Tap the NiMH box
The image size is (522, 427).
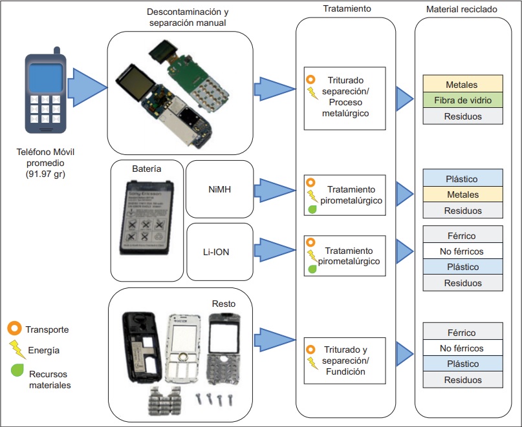click(219, 189)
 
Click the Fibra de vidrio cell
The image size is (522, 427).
click(462, 100)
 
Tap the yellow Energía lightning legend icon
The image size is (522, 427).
click(16, 349)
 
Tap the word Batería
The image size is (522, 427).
click(146, 169)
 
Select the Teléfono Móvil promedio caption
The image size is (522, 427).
click(45, 163)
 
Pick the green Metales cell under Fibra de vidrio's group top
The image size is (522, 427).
click(462, 85)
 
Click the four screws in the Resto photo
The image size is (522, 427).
click(217, 400)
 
